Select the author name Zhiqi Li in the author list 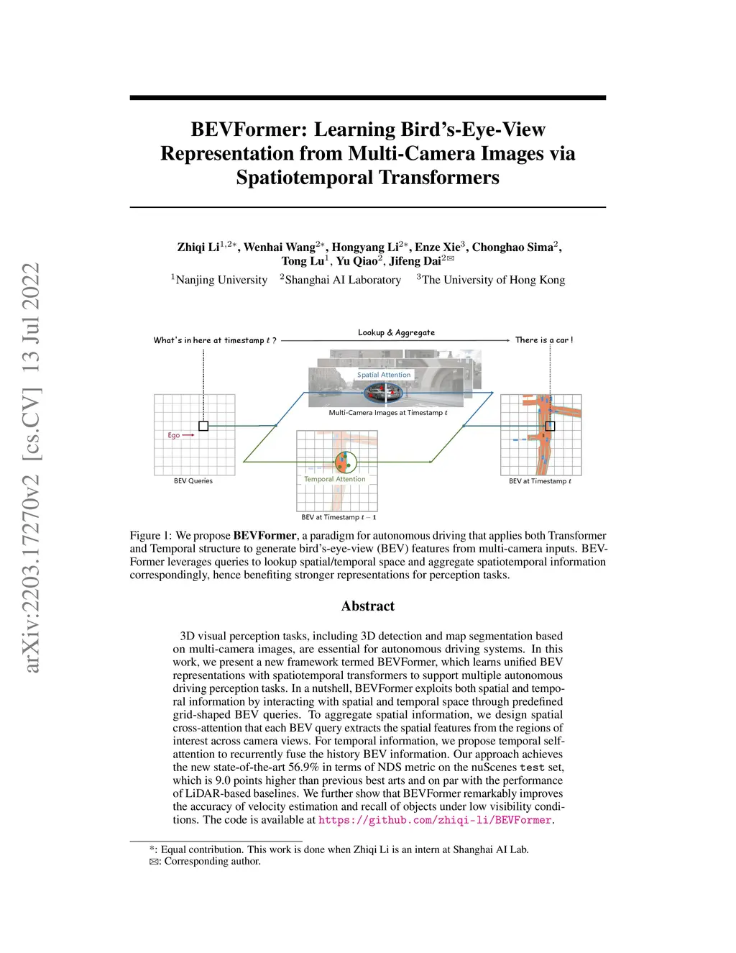(x=198, y=247)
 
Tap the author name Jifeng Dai (x=415, y=261)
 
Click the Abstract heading (x=368, y=606)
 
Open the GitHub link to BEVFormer (x=435, y=820)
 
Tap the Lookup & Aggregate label (x=396, y=332)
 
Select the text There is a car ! (x=544, y=340)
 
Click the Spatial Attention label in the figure (x=384, y=375)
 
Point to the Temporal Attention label (x=335, y=479)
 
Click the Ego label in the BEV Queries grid (x=173, y=435)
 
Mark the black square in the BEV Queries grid (x=203, y=426)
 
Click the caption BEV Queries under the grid (x=193, y=481)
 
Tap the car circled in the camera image (x=383, y=393)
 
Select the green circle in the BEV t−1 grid (x=346, y=462)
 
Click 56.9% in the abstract (x=303, y=767)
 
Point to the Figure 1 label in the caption (x=150, y=536)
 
